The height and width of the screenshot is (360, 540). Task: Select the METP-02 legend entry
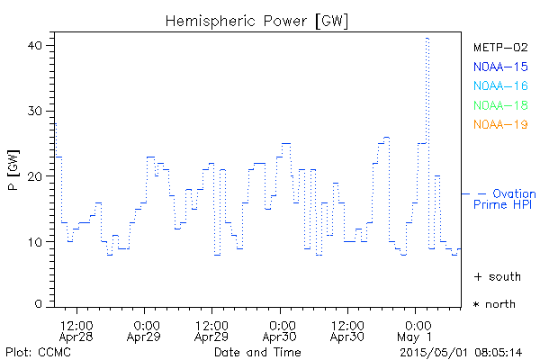(x=499, y=46)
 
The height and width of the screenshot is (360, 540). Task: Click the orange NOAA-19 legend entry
(x=499, y=124)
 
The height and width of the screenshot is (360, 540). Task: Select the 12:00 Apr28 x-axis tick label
(x=76, y=330)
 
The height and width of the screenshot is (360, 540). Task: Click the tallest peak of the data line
(x=427, y=39)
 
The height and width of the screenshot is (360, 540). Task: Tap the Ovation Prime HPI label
(x=506, y=199)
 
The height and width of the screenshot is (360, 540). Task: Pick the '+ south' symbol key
(x=494, y=275)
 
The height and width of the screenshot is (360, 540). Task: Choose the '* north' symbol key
(x=494, y=304)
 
